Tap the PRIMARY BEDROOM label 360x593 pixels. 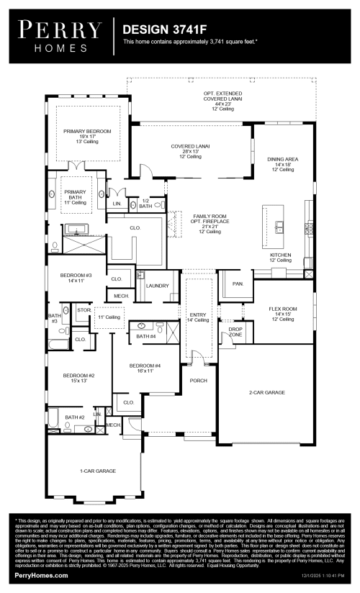click(x=87, y=132)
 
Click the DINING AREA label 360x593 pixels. click(x=283, y=159)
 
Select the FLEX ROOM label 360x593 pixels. click(x=283, y=309)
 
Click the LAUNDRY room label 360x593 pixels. click(x=157, y=286)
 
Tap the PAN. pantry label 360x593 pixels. click(x=238, y=284)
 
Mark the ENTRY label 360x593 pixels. click(x=197, y=314)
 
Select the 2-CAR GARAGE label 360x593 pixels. click(x=266, y=392)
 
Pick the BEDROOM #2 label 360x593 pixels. click(x=78, y=375)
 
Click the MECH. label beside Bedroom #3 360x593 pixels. click(x=121, y=295)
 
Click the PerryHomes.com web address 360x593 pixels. click(x=34, y=576)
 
